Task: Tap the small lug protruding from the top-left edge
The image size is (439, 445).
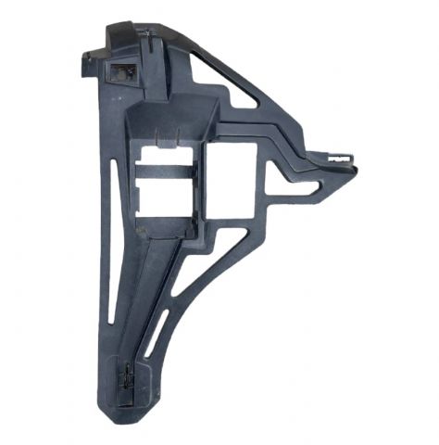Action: tap(86, 58)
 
